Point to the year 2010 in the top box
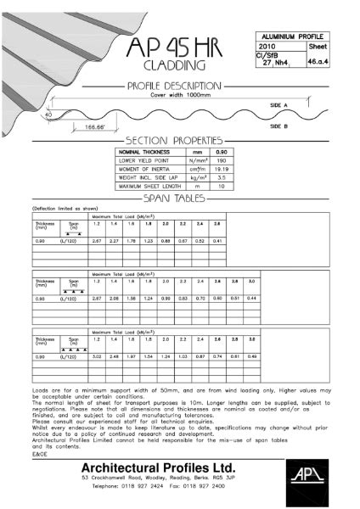coord(266,48)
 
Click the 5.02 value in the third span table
coord(97,356)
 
